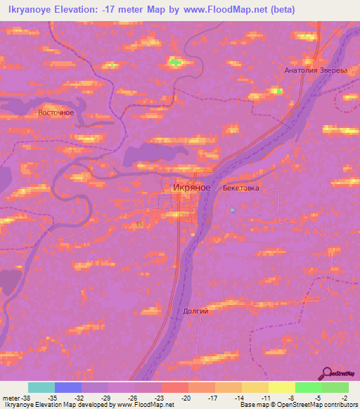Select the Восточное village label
(56, 112)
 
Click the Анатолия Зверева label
(316, 71)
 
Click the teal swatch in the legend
(41, 387)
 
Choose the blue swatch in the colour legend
(68, 387)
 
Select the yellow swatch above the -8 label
(281, 387)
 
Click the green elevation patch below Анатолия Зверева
(279, 91)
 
